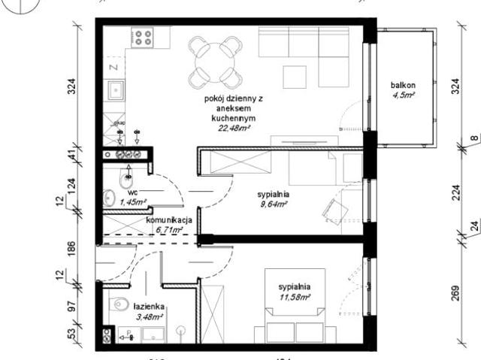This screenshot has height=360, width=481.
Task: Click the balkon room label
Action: pos(404,85)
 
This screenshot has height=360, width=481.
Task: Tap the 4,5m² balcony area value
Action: pos(404,95)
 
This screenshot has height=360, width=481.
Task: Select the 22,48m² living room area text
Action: pos(234,128)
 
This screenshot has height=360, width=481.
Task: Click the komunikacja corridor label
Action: pos(170,219)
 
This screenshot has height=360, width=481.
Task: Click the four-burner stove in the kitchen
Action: pos(143,38)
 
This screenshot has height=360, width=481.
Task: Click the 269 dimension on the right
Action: pos(455,293)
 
